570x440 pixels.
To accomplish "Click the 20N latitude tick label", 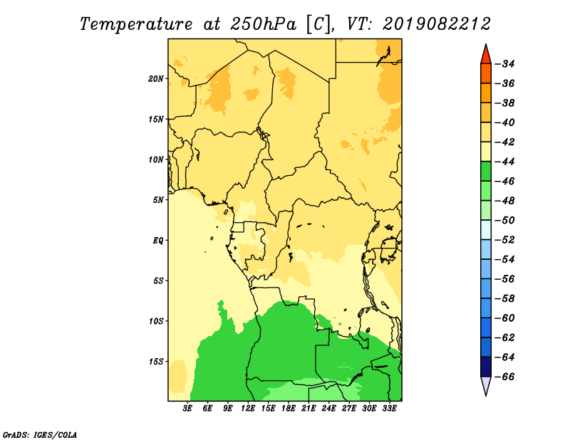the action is click(x=156, y=79).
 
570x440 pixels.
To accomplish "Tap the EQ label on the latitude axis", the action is click(x=158, y=241).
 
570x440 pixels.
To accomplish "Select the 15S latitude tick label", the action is click(x=156, y=362).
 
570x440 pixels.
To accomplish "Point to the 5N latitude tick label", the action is click(x=158, y=200).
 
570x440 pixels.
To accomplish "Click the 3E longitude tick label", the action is click(x=187, y=409).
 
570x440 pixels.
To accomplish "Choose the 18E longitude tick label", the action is click(x=289, y=409).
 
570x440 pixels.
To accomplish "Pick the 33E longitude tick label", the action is click(x=389, y=409).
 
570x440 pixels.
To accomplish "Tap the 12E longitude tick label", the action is click(x=248, y=409).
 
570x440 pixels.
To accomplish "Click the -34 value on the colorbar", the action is click(x=505, y=64).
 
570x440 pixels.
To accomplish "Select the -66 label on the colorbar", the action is click(x=505, y=377).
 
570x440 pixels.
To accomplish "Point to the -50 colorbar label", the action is click(x=505, y=220).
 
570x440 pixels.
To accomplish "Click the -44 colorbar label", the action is click(x=505, y=162).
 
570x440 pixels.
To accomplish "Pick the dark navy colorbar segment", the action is click(x=486, y=367).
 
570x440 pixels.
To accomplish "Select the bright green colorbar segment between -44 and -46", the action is click(x=486, y=172).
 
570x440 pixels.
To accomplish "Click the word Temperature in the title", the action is click(x=136, y=24).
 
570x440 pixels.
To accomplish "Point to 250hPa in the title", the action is click(x=263, y=24).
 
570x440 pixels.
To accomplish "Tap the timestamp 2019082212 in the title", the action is click(x=437, y=24).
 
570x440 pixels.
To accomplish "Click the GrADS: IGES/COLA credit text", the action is click(x=40, y=435).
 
